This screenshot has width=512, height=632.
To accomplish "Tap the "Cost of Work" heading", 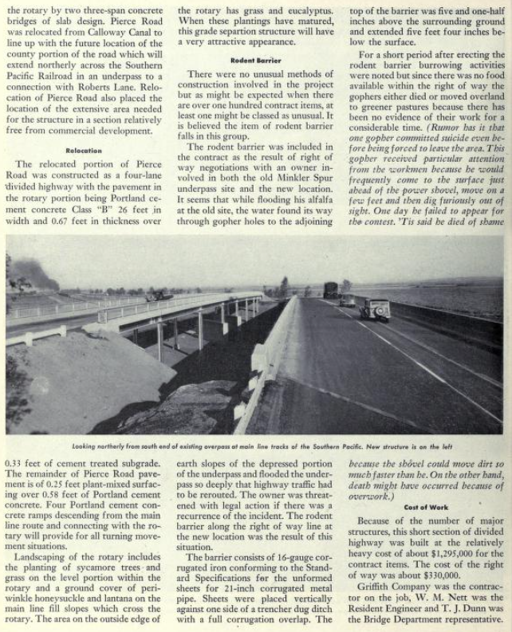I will tap(426, 506).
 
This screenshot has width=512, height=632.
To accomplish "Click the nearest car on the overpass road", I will tap(375, 308).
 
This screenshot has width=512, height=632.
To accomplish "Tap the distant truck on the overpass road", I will tap(330, 289).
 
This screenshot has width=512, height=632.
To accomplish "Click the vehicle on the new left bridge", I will tap(159, 296).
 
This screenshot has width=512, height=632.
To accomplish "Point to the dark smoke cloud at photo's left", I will tap(32, 275).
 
